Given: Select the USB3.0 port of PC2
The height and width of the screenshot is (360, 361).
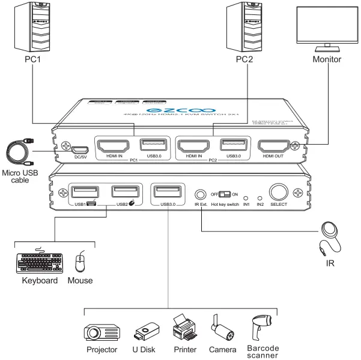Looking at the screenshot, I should coord(232,145).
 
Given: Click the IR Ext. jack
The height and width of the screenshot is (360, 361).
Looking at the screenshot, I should coord(201,194).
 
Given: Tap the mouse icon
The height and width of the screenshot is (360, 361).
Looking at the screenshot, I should coord(79,262).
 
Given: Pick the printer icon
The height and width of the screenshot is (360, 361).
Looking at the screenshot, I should coord(185,328).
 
